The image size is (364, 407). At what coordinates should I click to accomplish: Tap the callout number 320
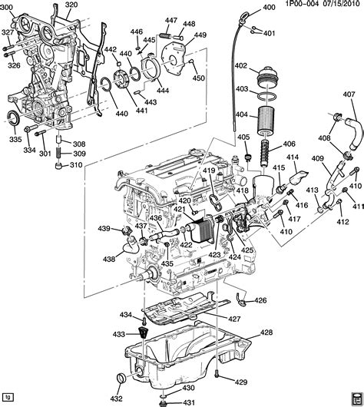pyautogui.click(x=71, y=5)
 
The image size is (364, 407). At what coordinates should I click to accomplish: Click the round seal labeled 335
pyautogui.click(x=14, y=117)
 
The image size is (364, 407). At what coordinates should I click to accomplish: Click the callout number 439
pyautogui.click(x=104, y=229)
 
